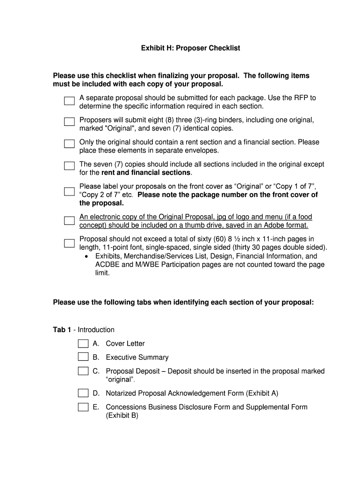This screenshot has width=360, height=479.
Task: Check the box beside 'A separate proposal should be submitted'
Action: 69,101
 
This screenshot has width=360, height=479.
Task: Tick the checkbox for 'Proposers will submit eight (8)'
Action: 69,122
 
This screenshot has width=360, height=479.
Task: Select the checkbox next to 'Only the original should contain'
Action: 69,144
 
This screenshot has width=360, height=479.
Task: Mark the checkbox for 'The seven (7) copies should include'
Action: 69,166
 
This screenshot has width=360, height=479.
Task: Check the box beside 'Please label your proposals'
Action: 69,191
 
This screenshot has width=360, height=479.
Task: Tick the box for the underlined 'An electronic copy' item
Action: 69,221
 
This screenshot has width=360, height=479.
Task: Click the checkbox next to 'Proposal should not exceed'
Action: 69,243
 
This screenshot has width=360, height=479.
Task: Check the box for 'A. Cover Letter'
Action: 83,344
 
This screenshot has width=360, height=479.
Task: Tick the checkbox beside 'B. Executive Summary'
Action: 83,357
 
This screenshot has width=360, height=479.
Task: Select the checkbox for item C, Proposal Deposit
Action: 83,371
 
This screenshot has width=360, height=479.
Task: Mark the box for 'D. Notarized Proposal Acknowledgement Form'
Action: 83,393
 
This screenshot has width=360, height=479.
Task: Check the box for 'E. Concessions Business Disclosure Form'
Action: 83,407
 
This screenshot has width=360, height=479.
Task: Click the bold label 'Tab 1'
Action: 62,330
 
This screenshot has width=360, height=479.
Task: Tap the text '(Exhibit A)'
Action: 262,393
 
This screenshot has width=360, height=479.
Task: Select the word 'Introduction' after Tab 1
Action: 96,330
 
